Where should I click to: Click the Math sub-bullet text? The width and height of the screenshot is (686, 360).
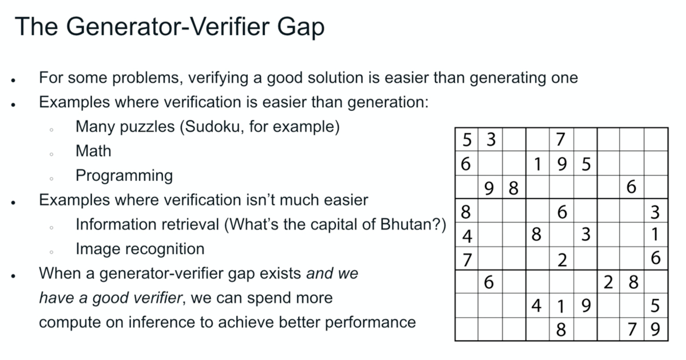93,151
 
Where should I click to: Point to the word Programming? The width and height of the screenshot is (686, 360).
124,176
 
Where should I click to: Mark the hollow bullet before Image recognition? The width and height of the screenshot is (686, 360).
52,252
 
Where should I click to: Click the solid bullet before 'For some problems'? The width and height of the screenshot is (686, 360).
13,80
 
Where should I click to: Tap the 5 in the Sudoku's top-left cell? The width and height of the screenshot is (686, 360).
467,140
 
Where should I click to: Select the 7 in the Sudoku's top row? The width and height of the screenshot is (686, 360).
561,139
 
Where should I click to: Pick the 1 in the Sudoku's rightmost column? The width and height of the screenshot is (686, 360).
654,234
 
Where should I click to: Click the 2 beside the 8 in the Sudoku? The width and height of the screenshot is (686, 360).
608,282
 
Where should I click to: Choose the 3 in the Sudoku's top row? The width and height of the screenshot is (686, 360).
491,139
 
